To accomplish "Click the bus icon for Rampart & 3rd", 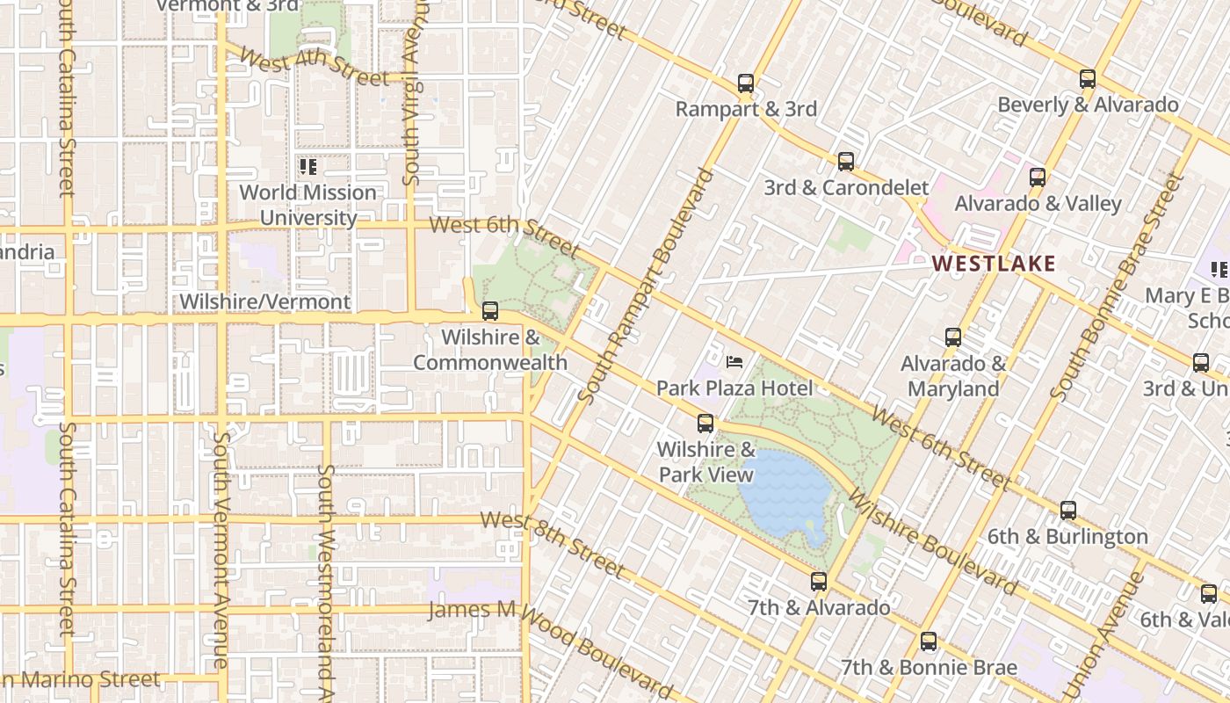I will click(746, 83).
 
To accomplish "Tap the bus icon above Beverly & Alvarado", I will click(1088, 79).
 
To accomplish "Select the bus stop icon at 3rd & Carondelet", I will click(846, 162).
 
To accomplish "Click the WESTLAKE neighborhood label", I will click(994, 263).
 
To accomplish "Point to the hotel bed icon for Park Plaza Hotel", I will click(734, 362).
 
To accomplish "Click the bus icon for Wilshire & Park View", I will click(705, 424).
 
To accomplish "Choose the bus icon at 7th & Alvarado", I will click(819, 581).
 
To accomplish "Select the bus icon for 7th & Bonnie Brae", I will click(929, 641).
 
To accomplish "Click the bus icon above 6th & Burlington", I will click(1068, 510).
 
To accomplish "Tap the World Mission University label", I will click(308, 205).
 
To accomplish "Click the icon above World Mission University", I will click(307, 166).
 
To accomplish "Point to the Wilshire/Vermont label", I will click(265, 301).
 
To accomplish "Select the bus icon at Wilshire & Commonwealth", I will click(490, 310).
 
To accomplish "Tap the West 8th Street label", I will click(553, 544).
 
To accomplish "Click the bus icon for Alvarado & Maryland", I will click(953, 337).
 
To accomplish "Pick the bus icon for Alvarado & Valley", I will click(1038, 177).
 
